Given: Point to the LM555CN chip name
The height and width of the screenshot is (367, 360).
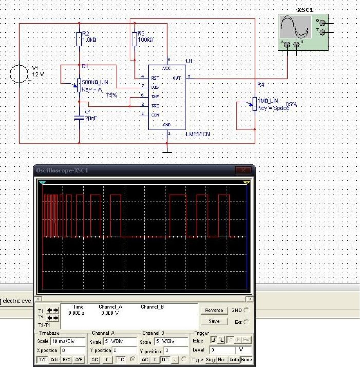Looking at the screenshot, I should pyautogui.click(x=198, y=134).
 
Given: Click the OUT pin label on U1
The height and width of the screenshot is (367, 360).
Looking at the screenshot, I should pyautogui.click(x=176, y=78).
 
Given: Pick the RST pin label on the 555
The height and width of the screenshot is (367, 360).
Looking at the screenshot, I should pyautogui.click(x=155, y=78).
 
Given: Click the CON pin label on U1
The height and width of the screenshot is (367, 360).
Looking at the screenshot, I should pyautogui.click(x=155, y=115).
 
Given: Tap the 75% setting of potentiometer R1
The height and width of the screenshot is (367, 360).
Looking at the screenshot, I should pyautogui.click(x=112, y=95).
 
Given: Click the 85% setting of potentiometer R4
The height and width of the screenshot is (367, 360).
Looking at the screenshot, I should pyautogui.click(x=291, y=104).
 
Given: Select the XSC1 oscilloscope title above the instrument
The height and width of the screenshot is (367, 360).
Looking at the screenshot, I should pyautogui.click(x=305, y=10).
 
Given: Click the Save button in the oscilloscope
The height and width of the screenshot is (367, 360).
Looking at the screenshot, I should pyautogui.click(x=214, y=321).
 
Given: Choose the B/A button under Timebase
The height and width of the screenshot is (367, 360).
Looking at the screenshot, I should pyautogui.click(x=66, y=359).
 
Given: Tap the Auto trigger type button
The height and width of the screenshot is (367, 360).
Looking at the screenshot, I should pyautogui.click(x=234, y=359).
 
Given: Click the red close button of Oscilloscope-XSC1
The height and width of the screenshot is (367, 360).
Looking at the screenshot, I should pyautogui.click(x=243, y=171).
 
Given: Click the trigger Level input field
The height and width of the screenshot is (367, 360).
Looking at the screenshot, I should pyautogui.click(x=222, y=350).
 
